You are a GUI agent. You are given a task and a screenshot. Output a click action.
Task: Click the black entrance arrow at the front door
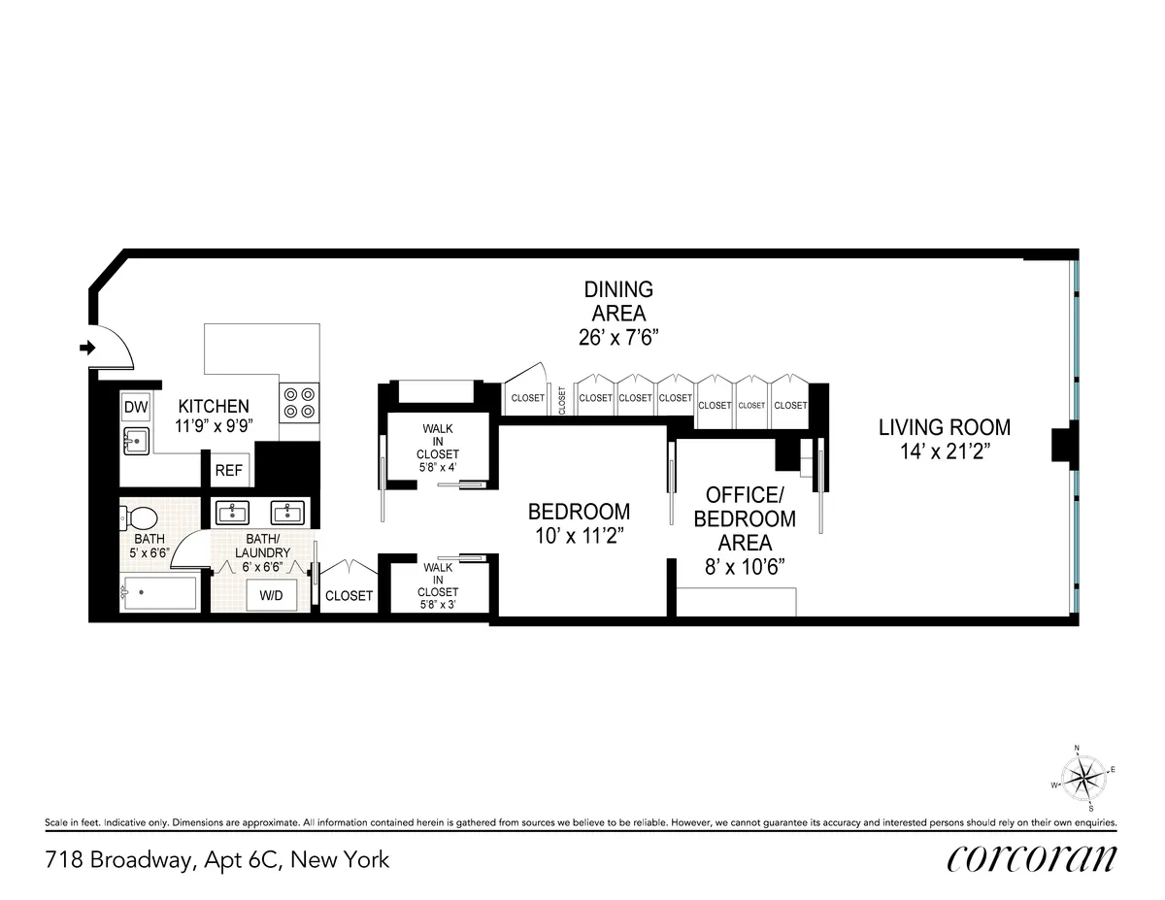pyautogui.click(x=86, y=348)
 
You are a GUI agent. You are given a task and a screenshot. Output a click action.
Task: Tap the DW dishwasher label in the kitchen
pyautogui.click(x=134, y=407)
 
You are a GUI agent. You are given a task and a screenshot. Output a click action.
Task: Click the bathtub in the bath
pyautogui.click(x=159, y=593)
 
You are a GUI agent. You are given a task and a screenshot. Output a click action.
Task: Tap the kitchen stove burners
pyautogui.click(x=299, y=403)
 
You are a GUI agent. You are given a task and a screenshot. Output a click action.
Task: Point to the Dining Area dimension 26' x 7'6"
pyautogui.click(x=617, y=337)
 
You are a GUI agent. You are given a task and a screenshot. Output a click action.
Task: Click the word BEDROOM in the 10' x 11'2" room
pyautogui.click(x=579, y=511)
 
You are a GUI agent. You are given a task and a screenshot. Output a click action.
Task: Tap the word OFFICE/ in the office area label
pyautogui.click(x=745, y=494)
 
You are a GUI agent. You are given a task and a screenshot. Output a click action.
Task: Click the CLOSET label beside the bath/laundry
pyautogui.click(x=349, y=595)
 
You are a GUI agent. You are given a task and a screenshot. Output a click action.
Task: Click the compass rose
pyautogui.click(x=1083, y=777)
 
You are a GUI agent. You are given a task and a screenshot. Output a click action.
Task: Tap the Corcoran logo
pyautogui.click(x=1030, y=858)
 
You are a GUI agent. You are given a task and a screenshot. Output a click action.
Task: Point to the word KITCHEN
pyautogui.click(x=213, y=406)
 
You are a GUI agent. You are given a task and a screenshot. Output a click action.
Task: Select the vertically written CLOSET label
pyautogui.click(x=562, y=400)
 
